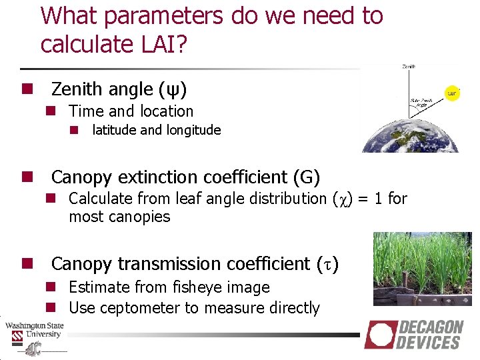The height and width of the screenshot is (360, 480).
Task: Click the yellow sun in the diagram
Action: tap(453, 93)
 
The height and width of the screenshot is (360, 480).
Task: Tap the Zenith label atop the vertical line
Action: tap(410, 67)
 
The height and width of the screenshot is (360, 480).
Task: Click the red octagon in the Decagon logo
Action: tap(379, 334)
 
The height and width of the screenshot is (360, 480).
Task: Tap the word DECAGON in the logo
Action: tap(431, 327)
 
